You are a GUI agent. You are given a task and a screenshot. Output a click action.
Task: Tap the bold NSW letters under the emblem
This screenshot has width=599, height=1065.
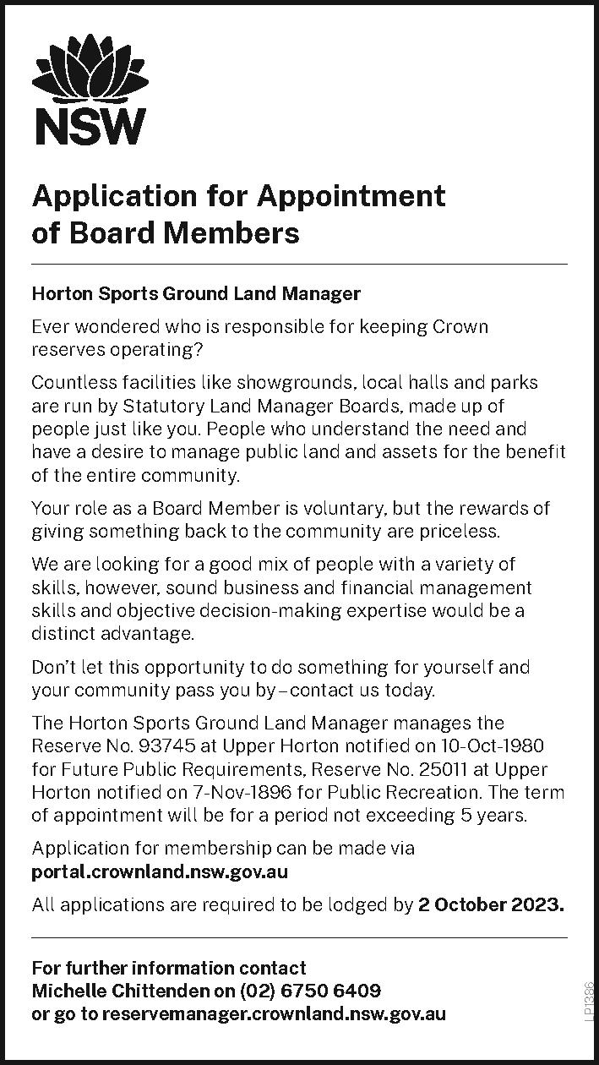tap(88, 127)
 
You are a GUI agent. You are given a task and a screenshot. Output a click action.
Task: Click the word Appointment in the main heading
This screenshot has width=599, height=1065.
tap(351, 196)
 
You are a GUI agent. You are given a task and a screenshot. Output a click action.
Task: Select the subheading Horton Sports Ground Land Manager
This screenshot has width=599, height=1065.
tap(196, 294)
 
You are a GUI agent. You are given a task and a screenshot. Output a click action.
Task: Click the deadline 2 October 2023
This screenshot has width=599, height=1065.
tap(490, 904)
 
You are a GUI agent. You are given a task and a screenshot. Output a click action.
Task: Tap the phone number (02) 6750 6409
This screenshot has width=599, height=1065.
tap(310, 990)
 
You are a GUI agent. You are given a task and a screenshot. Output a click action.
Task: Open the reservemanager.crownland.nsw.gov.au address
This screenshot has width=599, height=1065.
tap(273, 1013)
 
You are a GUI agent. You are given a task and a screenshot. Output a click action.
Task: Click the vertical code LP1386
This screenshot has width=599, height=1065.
tap(589, 1001)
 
